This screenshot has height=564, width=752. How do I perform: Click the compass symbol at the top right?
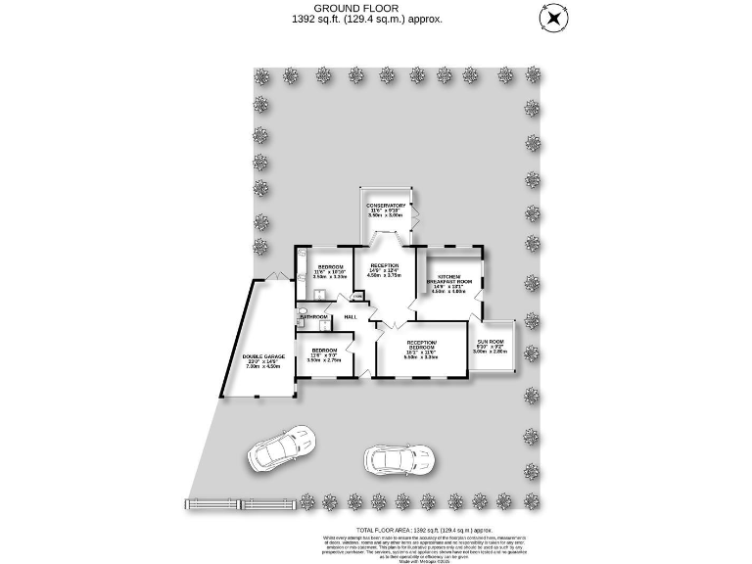pos(555,19)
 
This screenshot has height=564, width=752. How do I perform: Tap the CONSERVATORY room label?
pos(387,205)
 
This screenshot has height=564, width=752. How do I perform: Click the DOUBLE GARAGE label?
pos(263,358)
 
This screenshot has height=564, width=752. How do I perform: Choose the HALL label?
pos(350,316)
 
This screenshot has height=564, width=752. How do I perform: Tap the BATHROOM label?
pos(313,317)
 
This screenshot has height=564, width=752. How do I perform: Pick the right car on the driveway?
pos(398,458)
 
